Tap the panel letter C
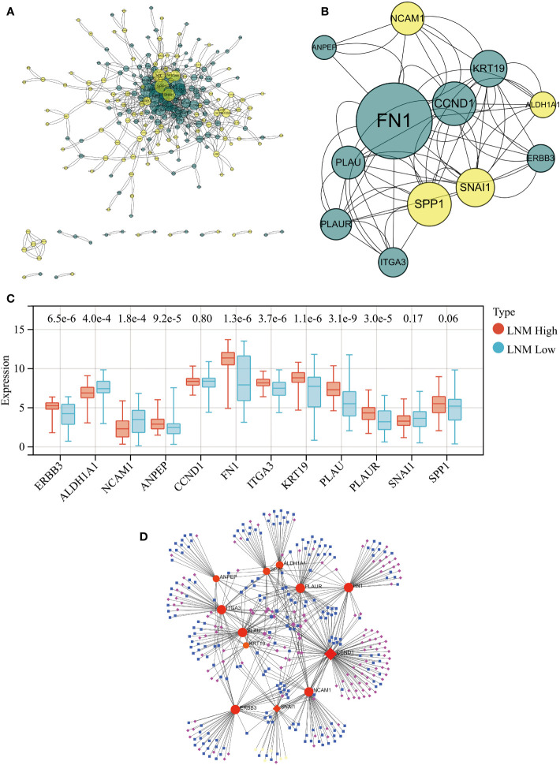pyautogui.click(x=9, y=299)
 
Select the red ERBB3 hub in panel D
pyautogui.click(x=236, y=710)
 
